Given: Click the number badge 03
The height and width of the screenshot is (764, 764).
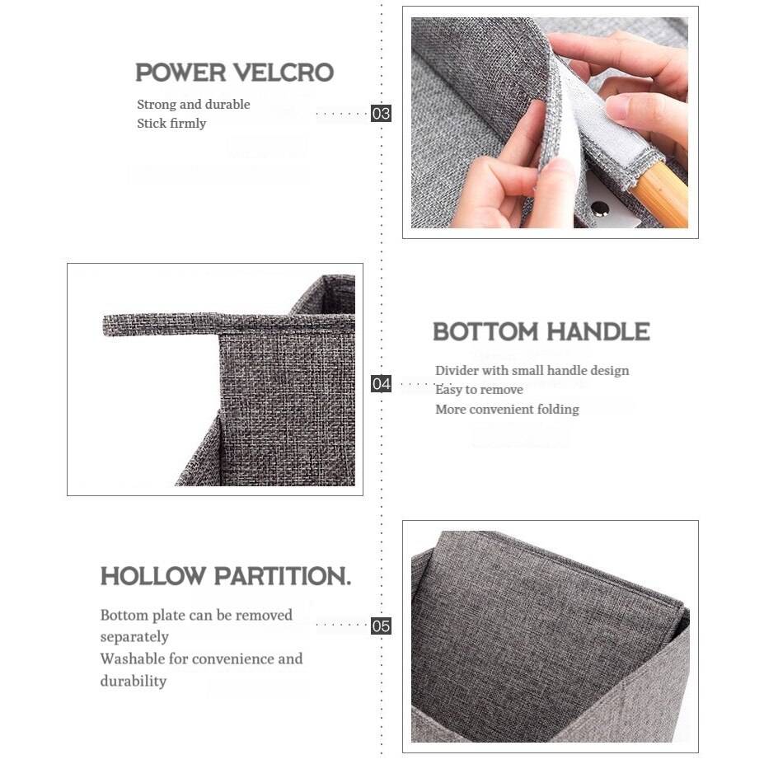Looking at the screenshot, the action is tap(381, 114).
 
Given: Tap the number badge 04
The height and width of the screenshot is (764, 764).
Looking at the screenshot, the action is tap(381, 383).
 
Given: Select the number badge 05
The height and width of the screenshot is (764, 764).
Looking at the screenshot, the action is tap(381, 626).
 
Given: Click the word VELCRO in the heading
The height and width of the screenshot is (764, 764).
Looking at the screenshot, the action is tap(284, 73).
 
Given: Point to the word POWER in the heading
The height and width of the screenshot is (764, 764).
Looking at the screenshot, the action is tap(180, 73).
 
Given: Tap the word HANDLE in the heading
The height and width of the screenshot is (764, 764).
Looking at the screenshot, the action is tap(598, 332).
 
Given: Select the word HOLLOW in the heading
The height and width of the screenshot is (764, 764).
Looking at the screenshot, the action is tap(153, 576).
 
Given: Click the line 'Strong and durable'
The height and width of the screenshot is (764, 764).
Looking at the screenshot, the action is tap(194, 105).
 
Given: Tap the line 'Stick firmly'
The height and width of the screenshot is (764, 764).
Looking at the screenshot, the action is tap(171, 124).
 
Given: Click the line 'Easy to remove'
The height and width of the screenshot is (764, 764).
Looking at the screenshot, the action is tap(479, 390).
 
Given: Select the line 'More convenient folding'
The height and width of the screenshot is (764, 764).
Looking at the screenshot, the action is tap(507, 410).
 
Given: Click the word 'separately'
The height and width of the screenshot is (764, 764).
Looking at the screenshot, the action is tap(134, 637).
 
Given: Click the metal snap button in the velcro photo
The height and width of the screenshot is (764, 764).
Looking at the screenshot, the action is tap(600, 209).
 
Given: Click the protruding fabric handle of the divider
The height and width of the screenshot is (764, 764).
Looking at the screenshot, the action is tap(161, 325).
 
